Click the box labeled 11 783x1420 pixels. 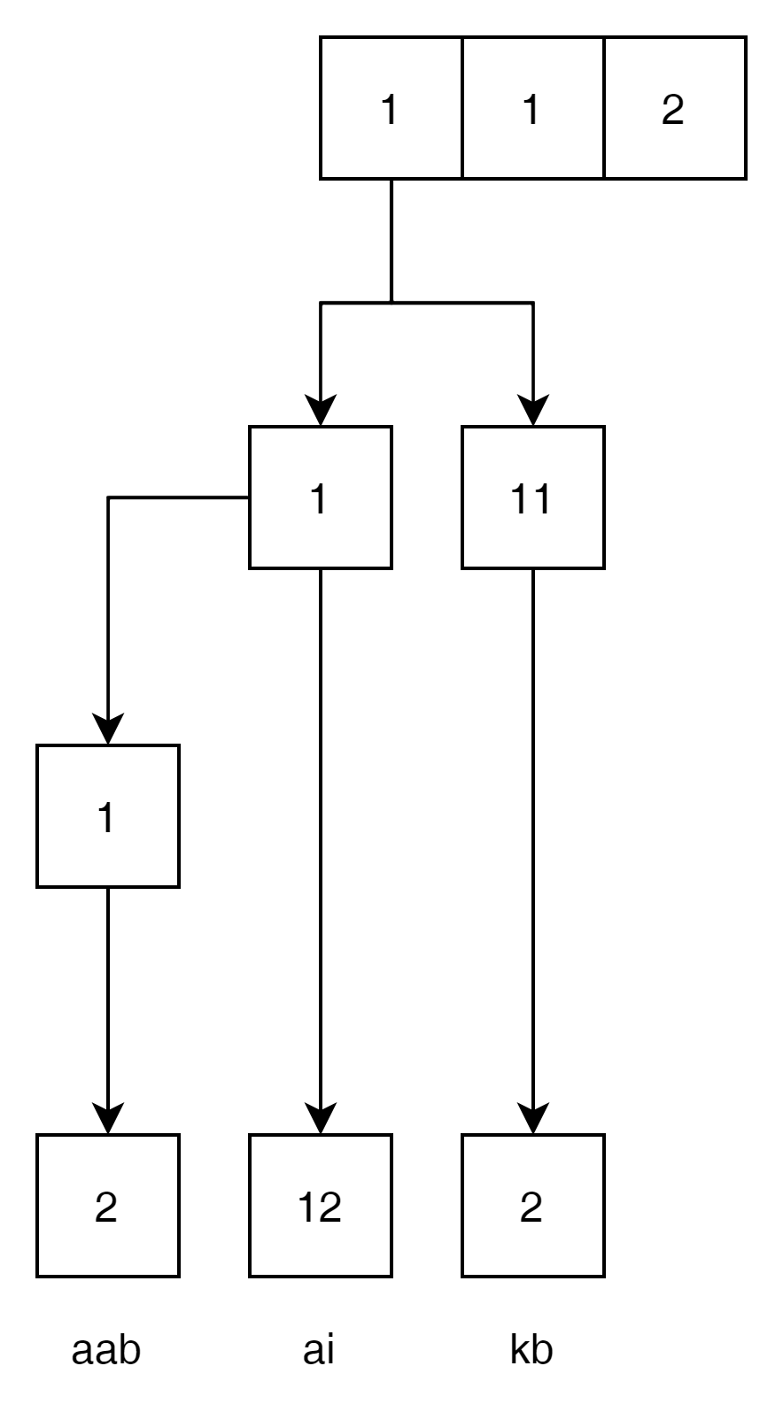click(532, 498)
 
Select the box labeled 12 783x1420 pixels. click(320, 1206)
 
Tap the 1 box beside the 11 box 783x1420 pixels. click(320, 498)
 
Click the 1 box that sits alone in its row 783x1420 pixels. click(107, 816)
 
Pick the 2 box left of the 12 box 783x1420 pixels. click(107, 1206)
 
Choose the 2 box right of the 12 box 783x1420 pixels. click(532, 1206)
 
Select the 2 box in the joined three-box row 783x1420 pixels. click(674, 108)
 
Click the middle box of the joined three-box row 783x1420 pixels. click(532, 108)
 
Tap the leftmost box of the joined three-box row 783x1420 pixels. click(391, 108)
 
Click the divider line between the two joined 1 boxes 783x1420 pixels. click(462, 108)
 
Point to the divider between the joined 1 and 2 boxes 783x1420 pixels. click(604, 108)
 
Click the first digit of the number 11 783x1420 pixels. click(520, 499)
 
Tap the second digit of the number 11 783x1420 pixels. click(542, 499)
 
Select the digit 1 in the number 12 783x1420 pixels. click(306, 1208)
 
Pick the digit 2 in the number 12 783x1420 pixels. click(329, 1208)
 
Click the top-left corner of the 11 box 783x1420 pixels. click(465, 429)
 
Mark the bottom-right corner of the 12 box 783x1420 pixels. click(389, 1274)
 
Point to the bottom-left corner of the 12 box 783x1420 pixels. click(252, 1274)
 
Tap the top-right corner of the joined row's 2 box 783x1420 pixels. click(743, 40)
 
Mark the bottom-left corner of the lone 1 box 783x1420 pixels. click(40, 884)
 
